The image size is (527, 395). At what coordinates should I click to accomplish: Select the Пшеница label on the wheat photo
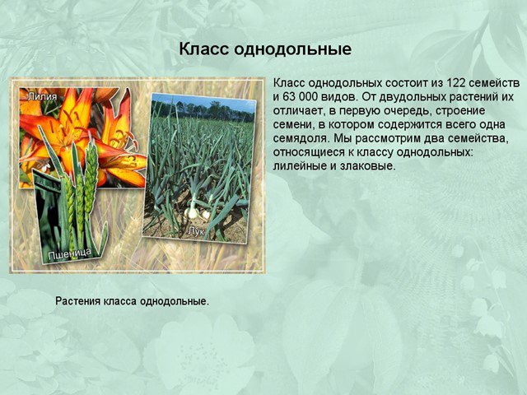pyautogui.click(x=69, y=254)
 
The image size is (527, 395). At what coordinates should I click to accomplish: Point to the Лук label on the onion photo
pyautogui.click(x=196, y=231)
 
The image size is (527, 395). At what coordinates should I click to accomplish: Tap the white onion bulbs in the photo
pyautogui.click(x=198, y=212)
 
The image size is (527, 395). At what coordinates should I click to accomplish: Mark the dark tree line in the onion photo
pyautogui.click(x=203, y=111)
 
